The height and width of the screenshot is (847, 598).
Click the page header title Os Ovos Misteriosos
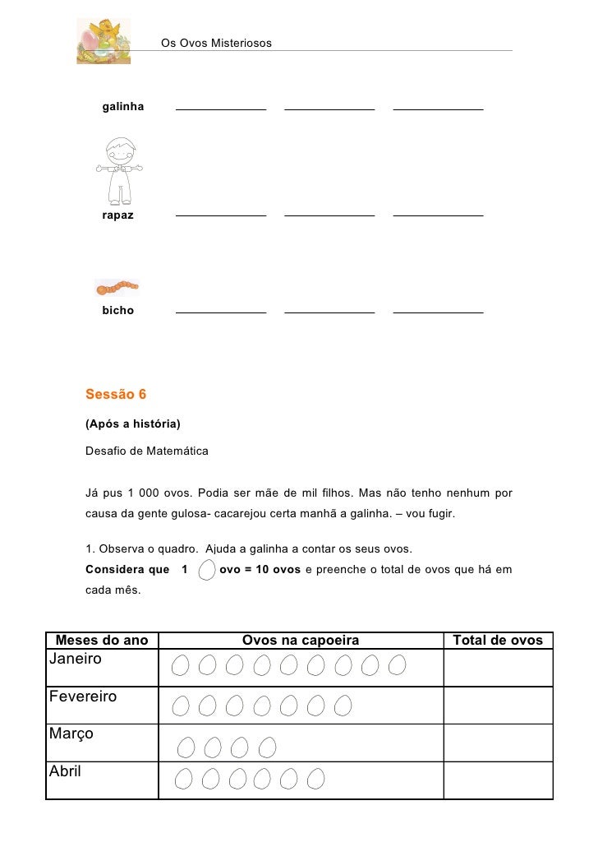215,42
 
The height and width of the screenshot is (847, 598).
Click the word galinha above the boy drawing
122,107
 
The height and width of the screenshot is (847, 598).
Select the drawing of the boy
120,171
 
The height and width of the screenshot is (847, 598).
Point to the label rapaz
117,215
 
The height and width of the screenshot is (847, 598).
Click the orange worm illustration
117,287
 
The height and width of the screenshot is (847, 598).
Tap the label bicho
117,311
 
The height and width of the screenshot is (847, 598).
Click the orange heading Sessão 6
116,395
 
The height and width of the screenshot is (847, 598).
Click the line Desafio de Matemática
147,451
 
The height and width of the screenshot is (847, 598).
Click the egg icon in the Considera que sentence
208,570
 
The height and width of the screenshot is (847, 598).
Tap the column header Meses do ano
101,641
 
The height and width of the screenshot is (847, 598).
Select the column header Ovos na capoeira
300,641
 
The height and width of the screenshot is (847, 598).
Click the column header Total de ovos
498,641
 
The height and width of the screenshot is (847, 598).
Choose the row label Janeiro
76,660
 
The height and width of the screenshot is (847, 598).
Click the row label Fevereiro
83,697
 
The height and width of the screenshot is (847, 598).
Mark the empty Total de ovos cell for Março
498,743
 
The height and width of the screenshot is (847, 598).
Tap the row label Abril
65,771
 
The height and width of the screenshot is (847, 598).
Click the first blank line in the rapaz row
221,215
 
